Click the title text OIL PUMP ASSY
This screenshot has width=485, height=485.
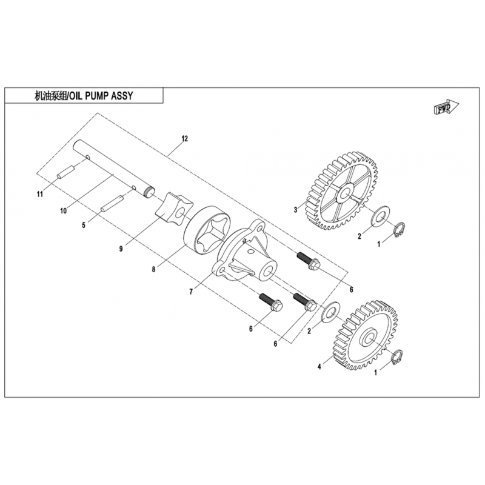tap(101, 96)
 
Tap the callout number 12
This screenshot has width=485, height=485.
tap(184, 139)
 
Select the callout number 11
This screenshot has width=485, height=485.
tap(39, 194)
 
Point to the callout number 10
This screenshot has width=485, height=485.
tap(64, 211)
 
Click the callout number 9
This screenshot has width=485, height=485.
tap(121, 249)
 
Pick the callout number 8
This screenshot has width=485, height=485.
tap(153, 269)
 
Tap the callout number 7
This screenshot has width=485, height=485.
tap(191, 292)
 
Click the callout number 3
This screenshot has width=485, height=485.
tap(295, 210)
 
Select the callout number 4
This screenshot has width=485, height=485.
tap(319, 367)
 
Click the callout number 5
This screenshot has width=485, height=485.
tap(84, 225)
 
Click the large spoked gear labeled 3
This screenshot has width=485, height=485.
tap(342, 191)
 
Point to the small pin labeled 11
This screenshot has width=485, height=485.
tap(65, 172)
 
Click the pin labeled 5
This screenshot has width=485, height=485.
tap(112, 203)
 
